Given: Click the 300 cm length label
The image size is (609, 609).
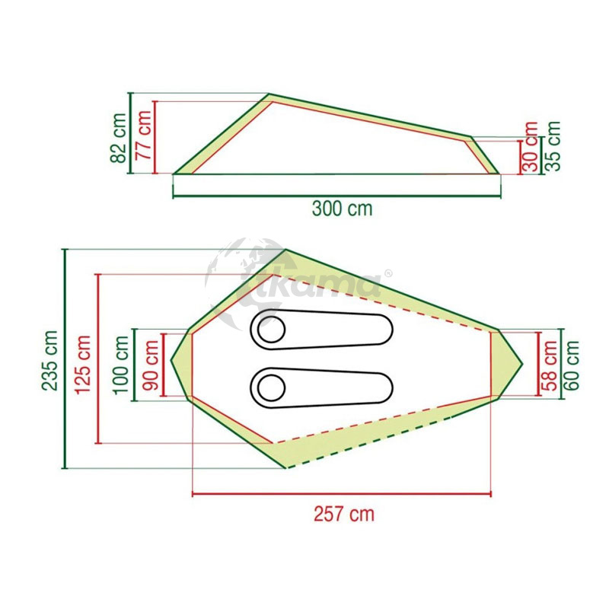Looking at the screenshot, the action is click(x=342, y=209).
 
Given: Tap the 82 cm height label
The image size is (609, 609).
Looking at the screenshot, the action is click(x=119, y=138).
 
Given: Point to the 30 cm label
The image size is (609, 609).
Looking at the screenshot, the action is click(x=531, y=147).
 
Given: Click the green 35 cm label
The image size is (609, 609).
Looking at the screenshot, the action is click(x=553, y=145).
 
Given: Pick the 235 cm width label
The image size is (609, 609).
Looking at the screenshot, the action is click(x=49, y=360).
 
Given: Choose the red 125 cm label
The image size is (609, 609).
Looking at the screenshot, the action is click(x=83, y=365).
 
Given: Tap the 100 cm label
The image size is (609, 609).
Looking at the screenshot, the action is click(x=121, y=365).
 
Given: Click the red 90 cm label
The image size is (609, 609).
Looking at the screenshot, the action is click(x=150, y=365).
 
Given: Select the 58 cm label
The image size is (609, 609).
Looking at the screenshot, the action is click(x=549, y=365).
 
